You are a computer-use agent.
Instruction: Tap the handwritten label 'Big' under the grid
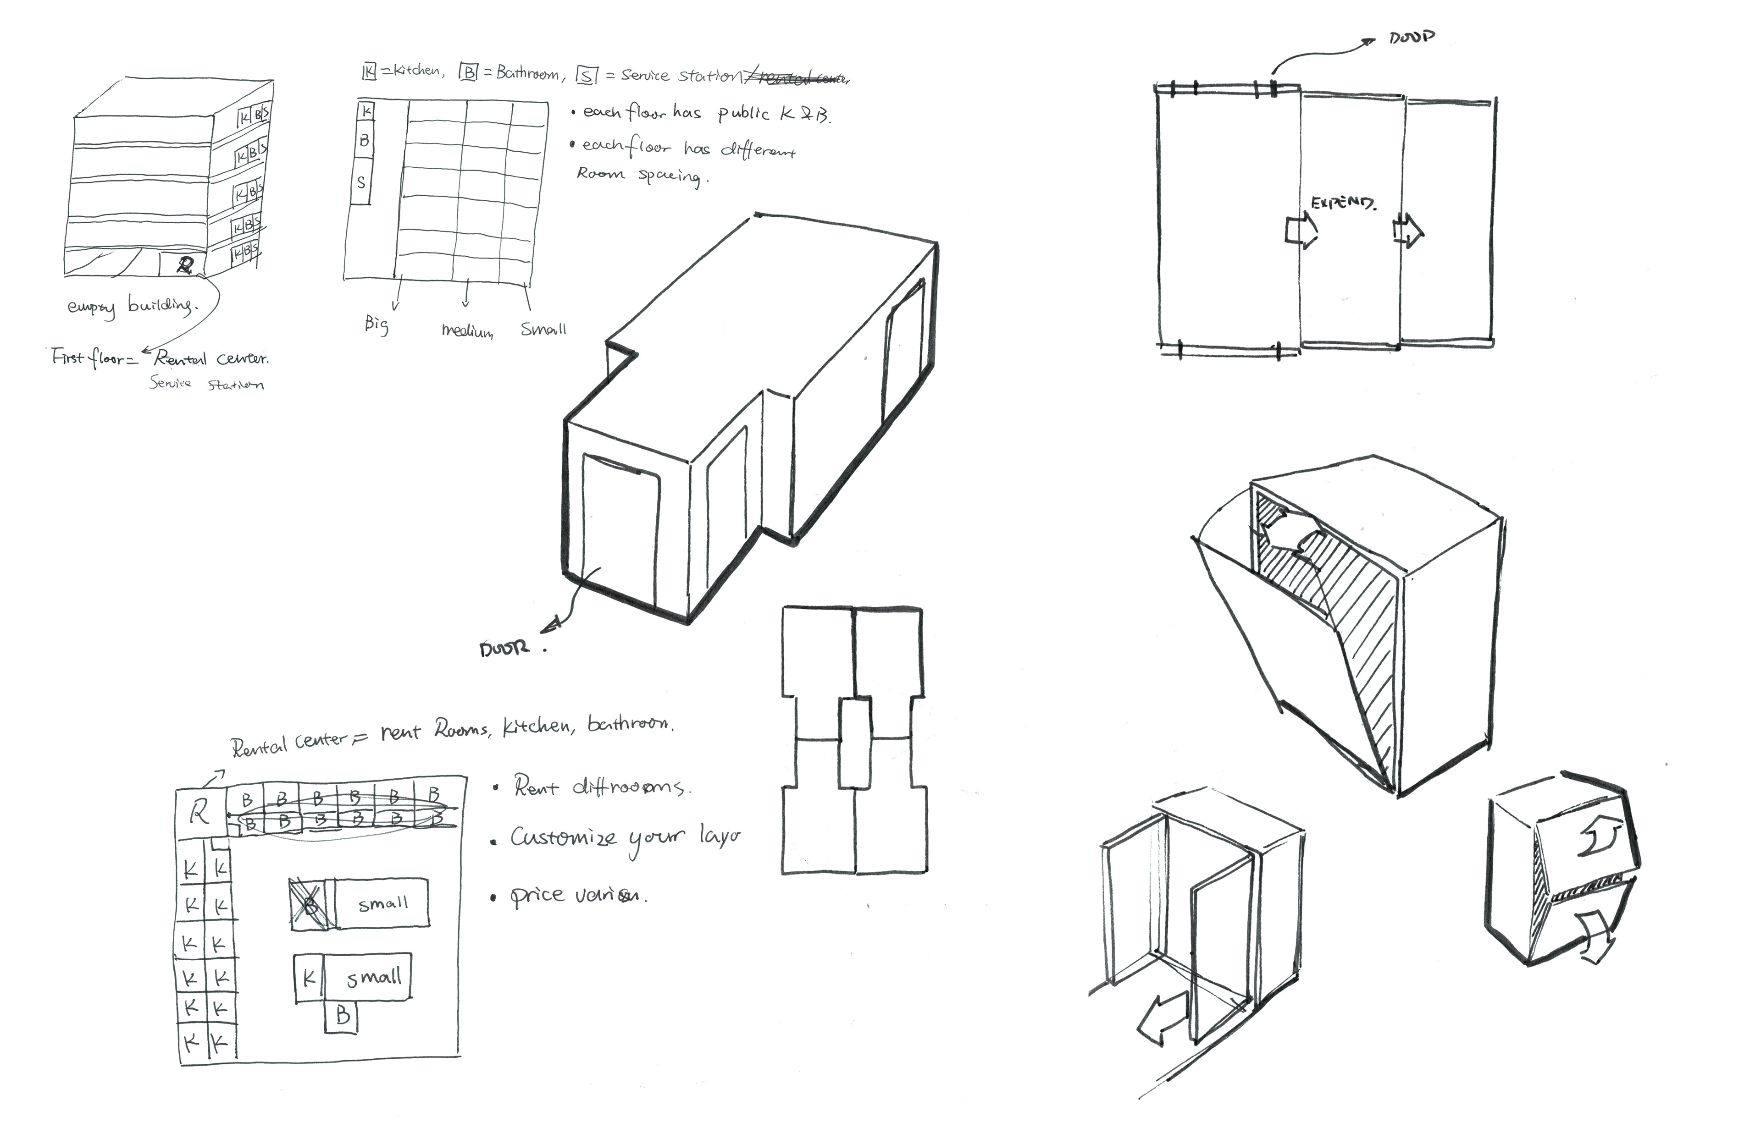[x=376, y=324]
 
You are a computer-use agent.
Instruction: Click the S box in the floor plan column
[x=361, y=182]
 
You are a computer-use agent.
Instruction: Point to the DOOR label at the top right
[x=1412, y=37]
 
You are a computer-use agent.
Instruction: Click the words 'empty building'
[x=132, y=305]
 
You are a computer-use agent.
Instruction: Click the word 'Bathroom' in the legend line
[x=527, y=73]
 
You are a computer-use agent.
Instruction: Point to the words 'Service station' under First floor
[x=206, y=384]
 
